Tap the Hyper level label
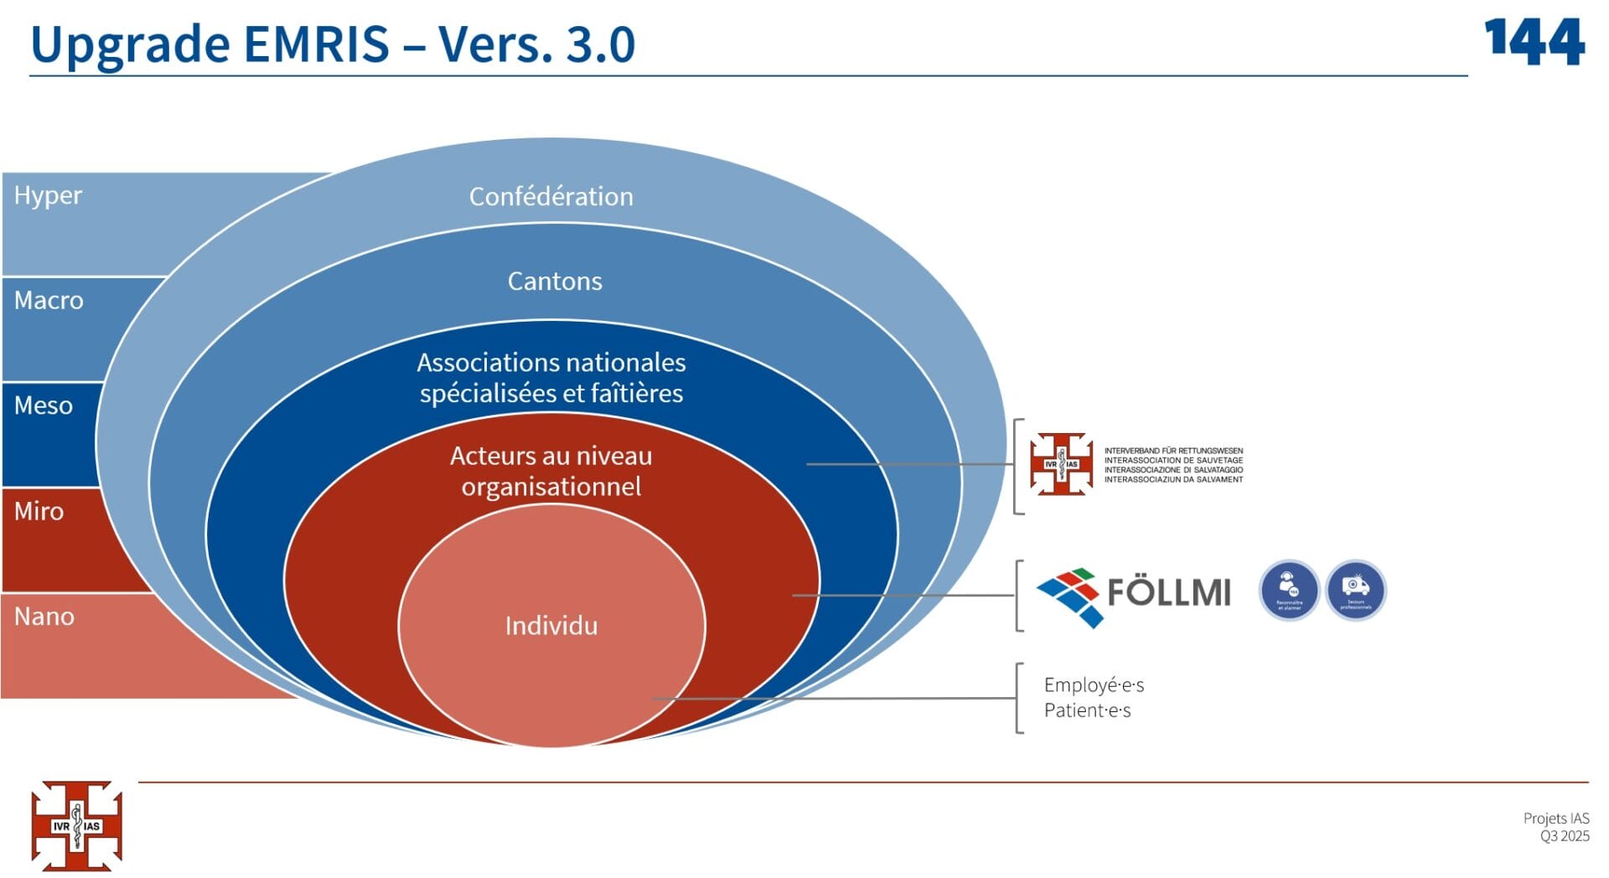tap(48, 195)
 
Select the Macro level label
tap(49, 300)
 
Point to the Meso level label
tap(43, 405)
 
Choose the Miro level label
tap(39, 511)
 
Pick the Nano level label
tap(44, 617)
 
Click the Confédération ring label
tap(551, 196)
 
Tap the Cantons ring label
tap(554, 281)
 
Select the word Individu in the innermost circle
tap(551, 626)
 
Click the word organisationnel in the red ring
tap(551, 487)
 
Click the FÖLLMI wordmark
tap(1168, 592)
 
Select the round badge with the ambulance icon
tap(1355, 590)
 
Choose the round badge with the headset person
tap(1289, 590)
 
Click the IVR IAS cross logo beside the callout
tap(1061, 463)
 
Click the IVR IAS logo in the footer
tap(76, 826)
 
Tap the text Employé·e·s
tap(1093, 685)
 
